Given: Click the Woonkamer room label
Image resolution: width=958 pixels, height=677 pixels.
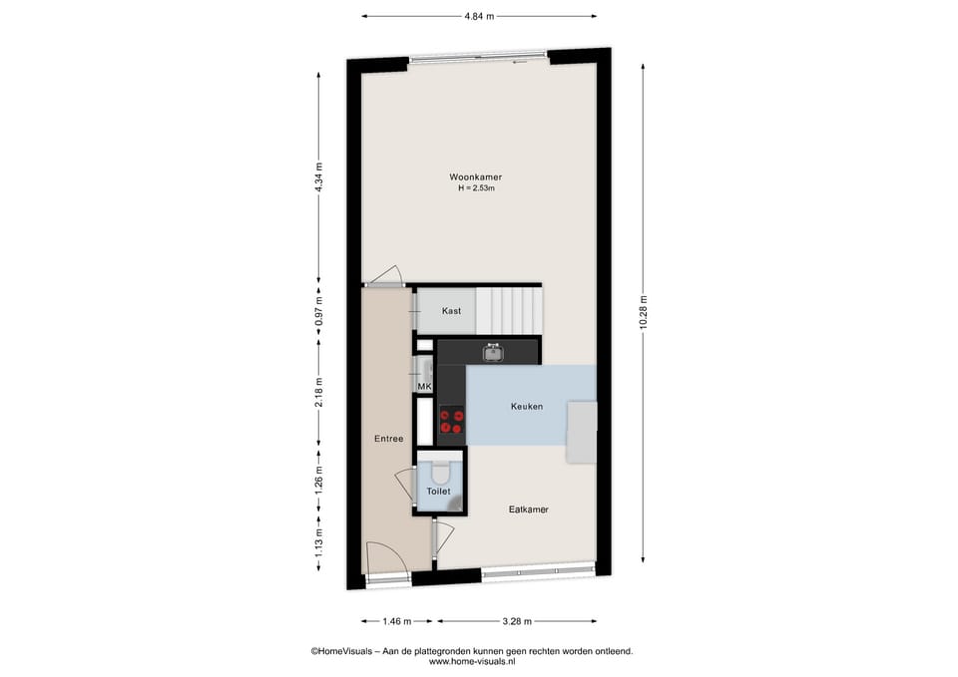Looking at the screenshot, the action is [x=475, y=177].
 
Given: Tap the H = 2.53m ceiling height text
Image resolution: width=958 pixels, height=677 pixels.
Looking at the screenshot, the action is [x=477, y=188].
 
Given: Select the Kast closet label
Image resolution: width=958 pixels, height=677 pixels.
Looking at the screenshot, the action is [x=451, y=311].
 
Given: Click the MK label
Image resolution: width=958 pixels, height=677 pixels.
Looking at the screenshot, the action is [x=424, y=387].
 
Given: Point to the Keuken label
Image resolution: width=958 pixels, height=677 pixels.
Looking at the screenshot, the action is [x=527, y=406].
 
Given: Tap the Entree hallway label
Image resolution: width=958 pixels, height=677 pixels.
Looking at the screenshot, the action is [x=388, y=439].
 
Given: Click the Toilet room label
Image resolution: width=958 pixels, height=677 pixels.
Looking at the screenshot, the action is [x=439, y=491].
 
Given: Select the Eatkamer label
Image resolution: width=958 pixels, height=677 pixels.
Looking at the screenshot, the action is [x=529, y=509].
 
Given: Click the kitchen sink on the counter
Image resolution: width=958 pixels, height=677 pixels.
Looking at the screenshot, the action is [x=493, y=352].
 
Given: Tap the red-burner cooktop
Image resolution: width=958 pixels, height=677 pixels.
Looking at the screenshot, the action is [x=452, y=421].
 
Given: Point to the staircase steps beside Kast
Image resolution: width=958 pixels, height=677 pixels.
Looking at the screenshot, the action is [x=508, y=311].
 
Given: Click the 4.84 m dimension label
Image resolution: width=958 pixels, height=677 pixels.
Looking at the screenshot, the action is [x=479, y=17].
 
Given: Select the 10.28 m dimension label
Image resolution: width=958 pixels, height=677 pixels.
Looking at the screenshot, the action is [x=643, y=312].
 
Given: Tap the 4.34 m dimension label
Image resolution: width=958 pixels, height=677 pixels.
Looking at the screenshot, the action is [x=318, y=177].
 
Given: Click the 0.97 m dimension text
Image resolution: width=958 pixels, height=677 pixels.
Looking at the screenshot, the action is [x=318, y=311].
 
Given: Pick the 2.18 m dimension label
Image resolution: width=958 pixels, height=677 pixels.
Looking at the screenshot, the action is [x=318, y=392].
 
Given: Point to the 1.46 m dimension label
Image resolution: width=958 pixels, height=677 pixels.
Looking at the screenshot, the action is [x=397, y=621].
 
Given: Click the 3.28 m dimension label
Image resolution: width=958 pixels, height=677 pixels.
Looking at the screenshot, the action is [x=517, y=621].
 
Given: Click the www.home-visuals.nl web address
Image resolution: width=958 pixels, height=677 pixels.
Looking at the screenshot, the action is [x=472, y=661].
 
